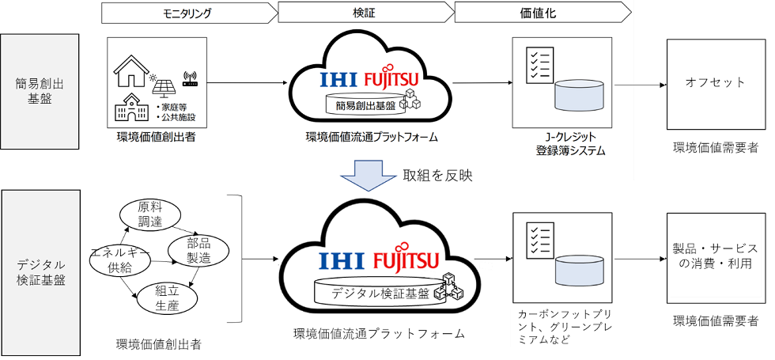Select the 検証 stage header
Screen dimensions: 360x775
coord(365,12)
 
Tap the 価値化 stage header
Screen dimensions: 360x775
coord(542,12)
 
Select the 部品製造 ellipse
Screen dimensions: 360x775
coord(199,250)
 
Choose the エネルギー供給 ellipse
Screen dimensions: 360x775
coord(119,260)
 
